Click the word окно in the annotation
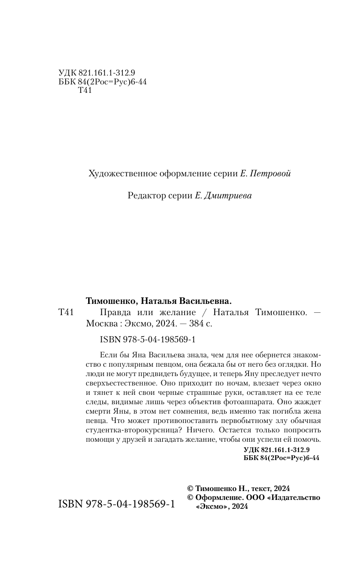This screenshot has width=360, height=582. tap(312, 382)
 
